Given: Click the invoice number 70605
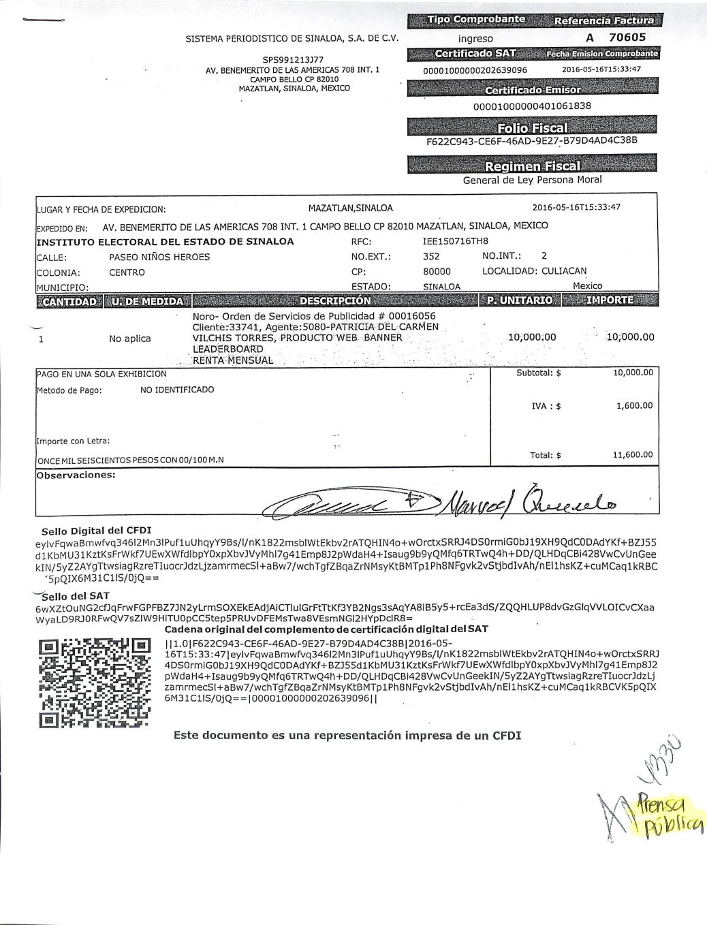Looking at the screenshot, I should tap(627, 38).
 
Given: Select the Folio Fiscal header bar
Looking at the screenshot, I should tap(532, 127).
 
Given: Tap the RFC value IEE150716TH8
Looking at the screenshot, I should tap(455, 241).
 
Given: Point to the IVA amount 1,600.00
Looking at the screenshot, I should tap(634, 406).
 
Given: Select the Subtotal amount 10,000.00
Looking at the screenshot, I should tap(633, 373).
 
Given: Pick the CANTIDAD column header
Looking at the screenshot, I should tap(68, 300).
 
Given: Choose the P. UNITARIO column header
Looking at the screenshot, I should tap(519, 300).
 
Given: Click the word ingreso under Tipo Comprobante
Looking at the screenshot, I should tap(475, 39).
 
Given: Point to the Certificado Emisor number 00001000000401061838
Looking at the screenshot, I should tap(532, 106).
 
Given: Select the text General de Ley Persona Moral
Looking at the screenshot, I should tap(532, 181).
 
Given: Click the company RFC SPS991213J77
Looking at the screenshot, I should tap(293, 60).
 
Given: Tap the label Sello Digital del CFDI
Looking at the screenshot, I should tap(96, 531).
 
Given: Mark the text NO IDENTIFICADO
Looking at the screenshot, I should tap(177, 390).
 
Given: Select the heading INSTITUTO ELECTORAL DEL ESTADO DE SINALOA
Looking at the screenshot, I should tap(165, 241).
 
